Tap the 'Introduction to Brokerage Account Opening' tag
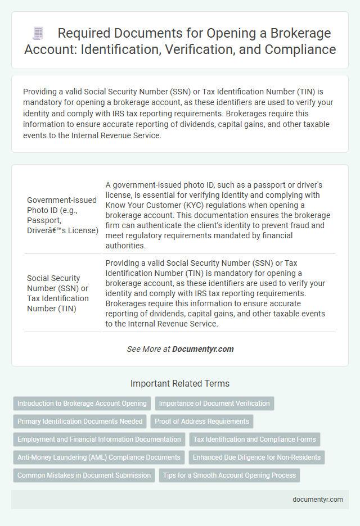[82, 403]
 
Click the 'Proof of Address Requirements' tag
[202, 421]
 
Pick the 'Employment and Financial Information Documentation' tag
[99, 439]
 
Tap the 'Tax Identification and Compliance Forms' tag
[255, 439]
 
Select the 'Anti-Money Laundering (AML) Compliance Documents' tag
[99, 457]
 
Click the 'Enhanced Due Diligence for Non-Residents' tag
[257, 457]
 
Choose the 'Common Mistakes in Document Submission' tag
[84, 475]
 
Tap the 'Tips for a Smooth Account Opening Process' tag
[229, 475]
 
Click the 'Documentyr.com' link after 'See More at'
[202, 349]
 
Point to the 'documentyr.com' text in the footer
[318, 499]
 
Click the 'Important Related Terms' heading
[180, 384]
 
